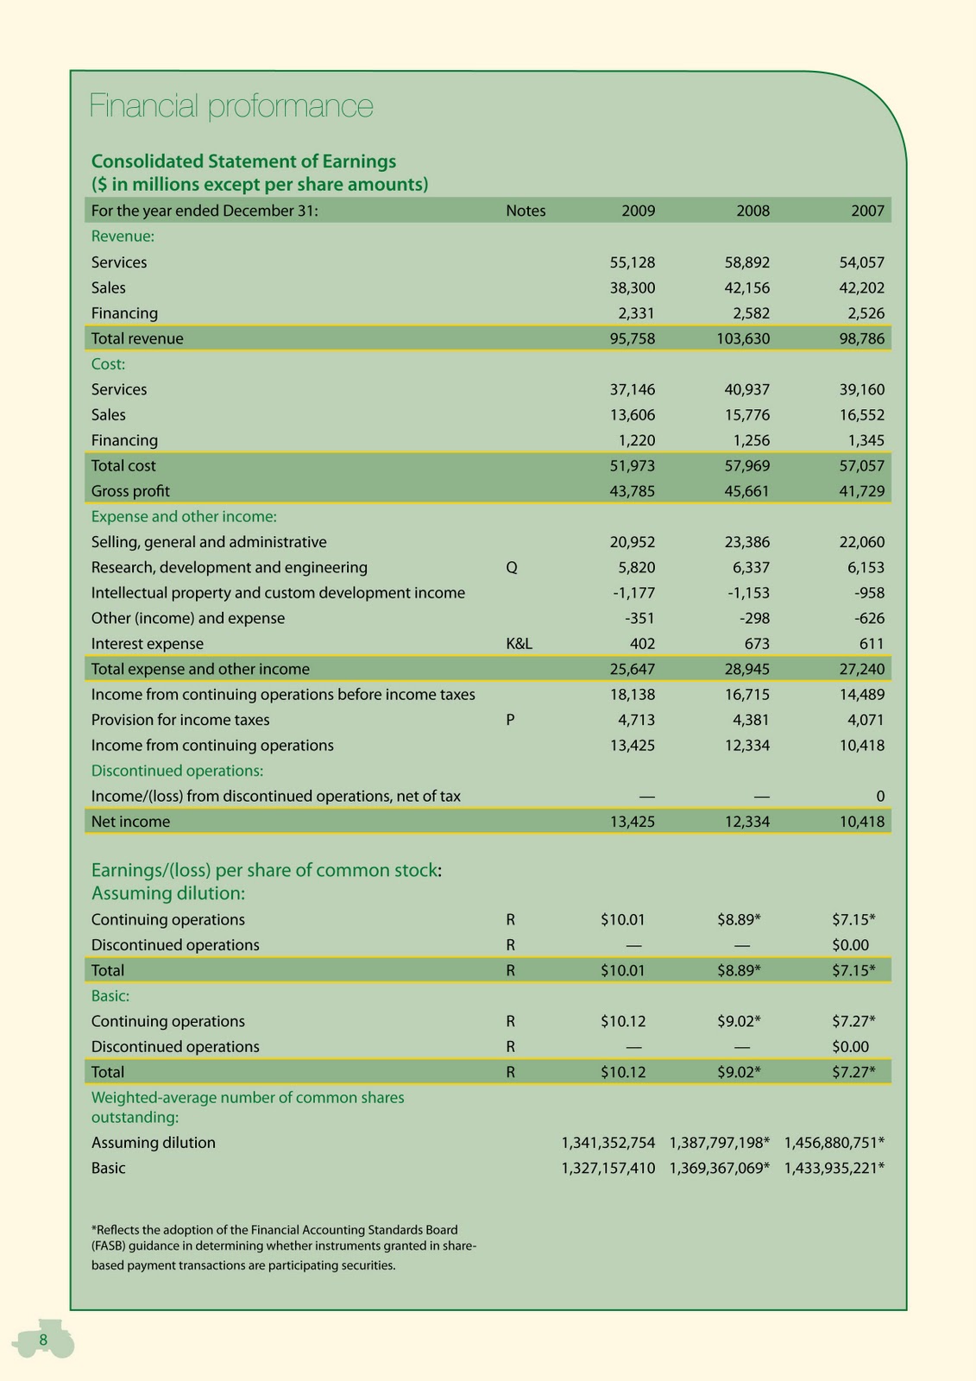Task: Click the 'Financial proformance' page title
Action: [x=231, y=106]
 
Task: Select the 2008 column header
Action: [x=752, y=211]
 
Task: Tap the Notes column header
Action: [x=526, y=211]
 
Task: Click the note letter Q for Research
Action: [x=512, y=568]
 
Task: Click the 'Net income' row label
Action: [x=130, y=822]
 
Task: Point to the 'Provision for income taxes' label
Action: [x=180, y=720]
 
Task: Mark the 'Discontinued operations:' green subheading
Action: [x=177, y=771]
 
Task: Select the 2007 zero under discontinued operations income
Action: [x=879, y=796]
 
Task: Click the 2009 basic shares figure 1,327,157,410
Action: [x=608, y=1168]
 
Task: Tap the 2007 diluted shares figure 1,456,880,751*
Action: [x=834, y=1143]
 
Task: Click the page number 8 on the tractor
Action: [x=43, y=1339]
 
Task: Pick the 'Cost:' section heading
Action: [x=109, y=364]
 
